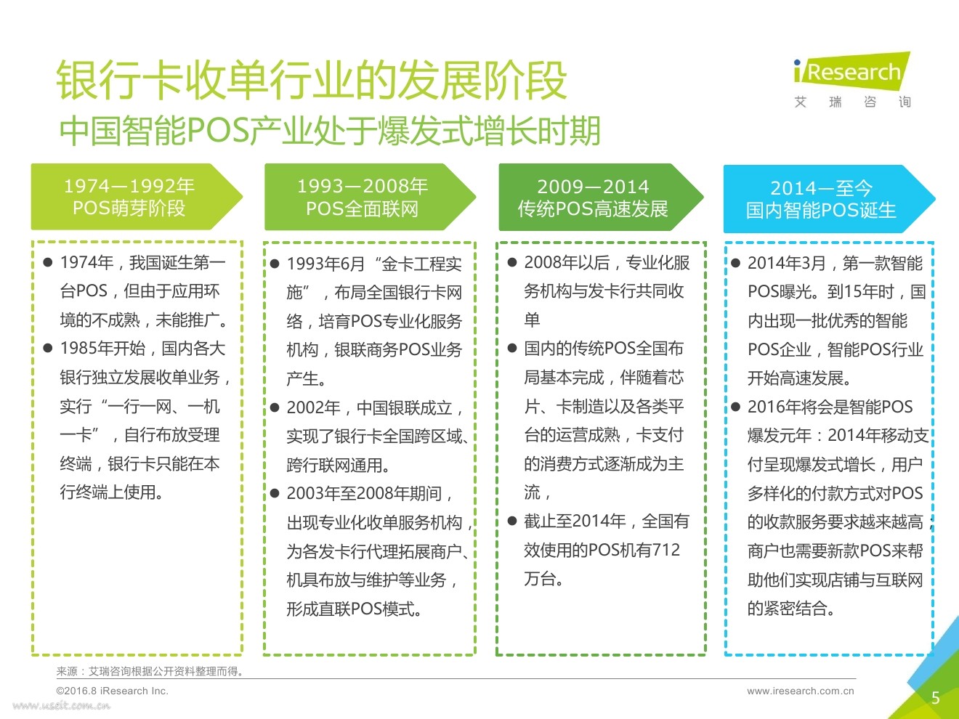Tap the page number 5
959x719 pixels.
coord(936,698)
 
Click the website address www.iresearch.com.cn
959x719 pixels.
coord(800,691)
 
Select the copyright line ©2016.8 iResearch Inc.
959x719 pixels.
coord(112,691)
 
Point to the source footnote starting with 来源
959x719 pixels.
coord(150,672)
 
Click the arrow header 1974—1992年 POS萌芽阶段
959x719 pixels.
coord(129,198)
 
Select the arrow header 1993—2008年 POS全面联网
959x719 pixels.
coord(363,198)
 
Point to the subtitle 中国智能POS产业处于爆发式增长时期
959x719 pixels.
coord(330,131)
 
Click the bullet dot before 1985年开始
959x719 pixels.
coord(48,349)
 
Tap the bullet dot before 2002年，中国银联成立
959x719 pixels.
coord(275,407)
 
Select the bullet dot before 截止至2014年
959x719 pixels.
coord(512,521)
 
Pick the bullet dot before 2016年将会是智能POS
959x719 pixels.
coord(735,407)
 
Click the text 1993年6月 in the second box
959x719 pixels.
coord(325,264)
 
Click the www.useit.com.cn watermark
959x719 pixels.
coord(62,706)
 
